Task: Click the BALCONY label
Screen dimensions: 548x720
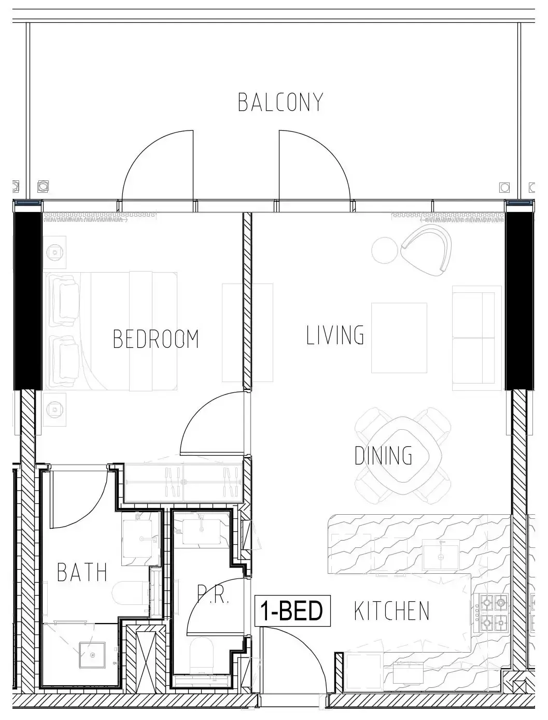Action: click(x=280, y=102)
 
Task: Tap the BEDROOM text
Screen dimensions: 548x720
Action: click(x=156, y=339)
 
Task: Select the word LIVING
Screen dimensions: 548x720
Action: click(x=335, y=335)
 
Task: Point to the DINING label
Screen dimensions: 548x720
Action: click(x=383, y=455)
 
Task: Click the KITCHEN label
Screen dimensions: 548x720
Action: click(x=392, y=611)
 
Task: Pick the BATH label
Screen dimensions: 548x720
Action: click(x=82, y=572)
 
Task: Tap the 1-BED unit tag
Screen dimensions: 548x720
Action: click(x=292, y=611)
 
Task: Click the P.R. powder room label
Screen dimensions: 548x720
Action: click(x=213, y=595)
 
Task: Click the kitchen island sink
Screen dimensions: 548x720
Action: click(x=441, y=554)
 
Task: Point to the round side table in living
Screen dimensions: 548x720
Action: click(x=385, y=250)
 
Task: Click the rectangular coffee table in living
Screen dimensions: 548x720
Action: click(x=399, y=338)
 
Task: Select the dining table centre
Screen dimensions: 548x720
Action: click(x=403, y=457)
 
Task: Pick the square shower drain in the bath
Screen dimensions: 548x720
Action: click(x=92, y=655)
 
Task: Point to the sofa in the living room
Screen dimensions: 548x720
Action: click(x=477, y=338)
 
